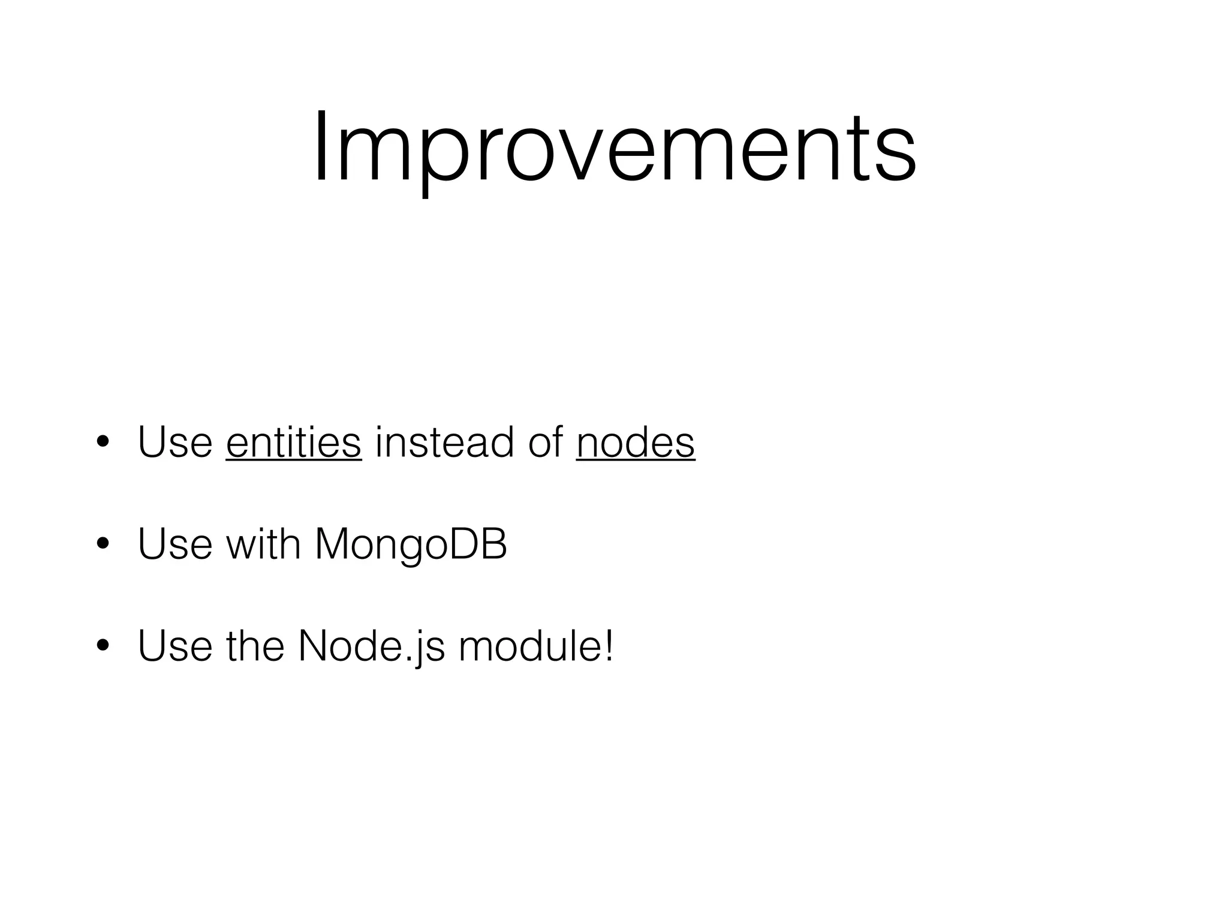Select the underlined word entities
294,443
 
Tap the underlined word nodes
635,443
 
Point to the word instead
444,443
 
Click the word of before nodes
545,443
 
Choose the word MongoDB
411,544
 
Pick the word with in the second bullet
263,544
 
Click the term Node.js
372,646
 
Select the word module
528,646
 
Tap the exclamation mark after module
609,646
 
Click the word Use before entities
175,443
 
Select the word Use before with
175,544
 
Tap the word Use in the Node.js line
175,646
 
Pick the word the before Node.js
255,646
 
